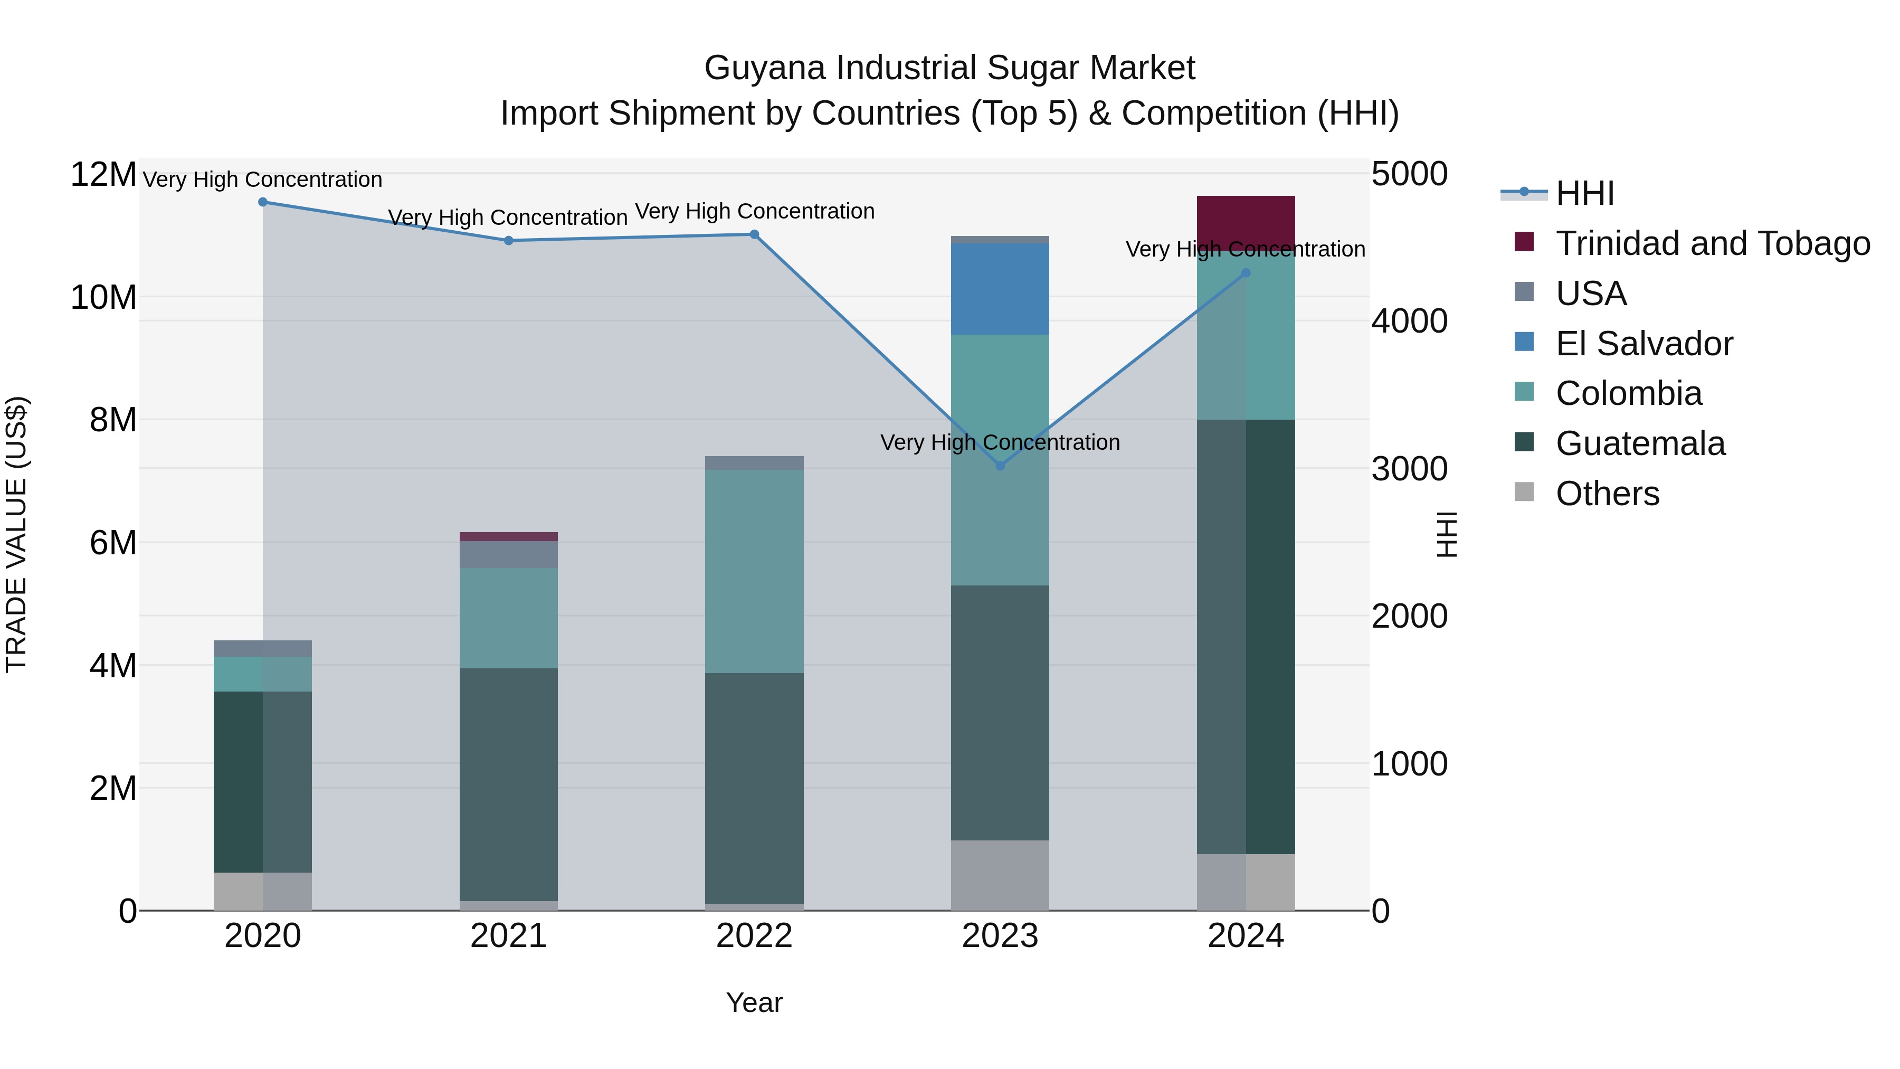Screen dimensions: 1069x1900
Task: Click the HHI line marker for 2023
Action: pyautogui.click(x=1000, y=466)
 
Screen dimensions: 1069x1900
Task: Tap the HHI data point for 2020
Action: pyautogui.click(x=263, y=202)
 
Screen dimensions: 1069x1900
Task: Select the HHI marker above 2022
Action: pyautogui.click(x=754, y=234)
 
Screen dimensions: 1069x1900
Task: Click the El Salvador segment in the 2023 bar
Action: pyautogui.click(x=1000, y=289)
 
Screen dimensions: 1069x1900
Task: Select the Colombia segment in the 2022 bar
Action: pyautogui.click(x=754, y=572)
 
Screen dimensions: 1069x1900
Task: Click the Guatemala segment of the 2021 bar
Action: pyautogui.click(x=508, y=784)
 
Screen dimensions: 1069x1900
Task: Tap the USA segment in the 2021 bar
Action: pyautogui.click(x=508, y=555)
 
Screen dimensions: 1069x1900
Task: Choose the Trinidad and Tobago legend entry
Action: pyautogui.click(x=1713, y=243)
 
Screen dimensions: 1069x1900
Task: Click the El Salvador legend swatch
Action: pyautogui.click(x=1524, y=342)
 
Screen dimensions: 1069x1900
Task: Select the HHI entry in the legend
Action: pyautogui.click(x=1584, y=193)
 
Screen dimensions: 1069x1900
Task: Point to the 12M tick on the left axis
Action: pyautogui.click(x=103, y=175)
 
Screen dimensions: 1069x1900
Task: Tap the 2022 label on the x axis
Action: pyautogui.click(x=754, y=936)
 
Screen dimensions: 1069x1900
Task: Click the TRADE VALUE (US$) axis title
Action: pyautogui.click(x=16, y=534)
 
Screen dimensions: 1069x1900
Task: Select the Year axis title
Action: pyautogui.click(x=754, y=1002)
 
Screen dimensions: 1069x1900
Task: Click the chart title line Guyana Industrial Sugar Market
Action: pyautogui.click(x=949, y=68)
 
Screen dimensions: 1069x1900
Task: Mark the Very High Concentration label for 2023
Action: pyautogui.click(x=1000, y=443)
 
